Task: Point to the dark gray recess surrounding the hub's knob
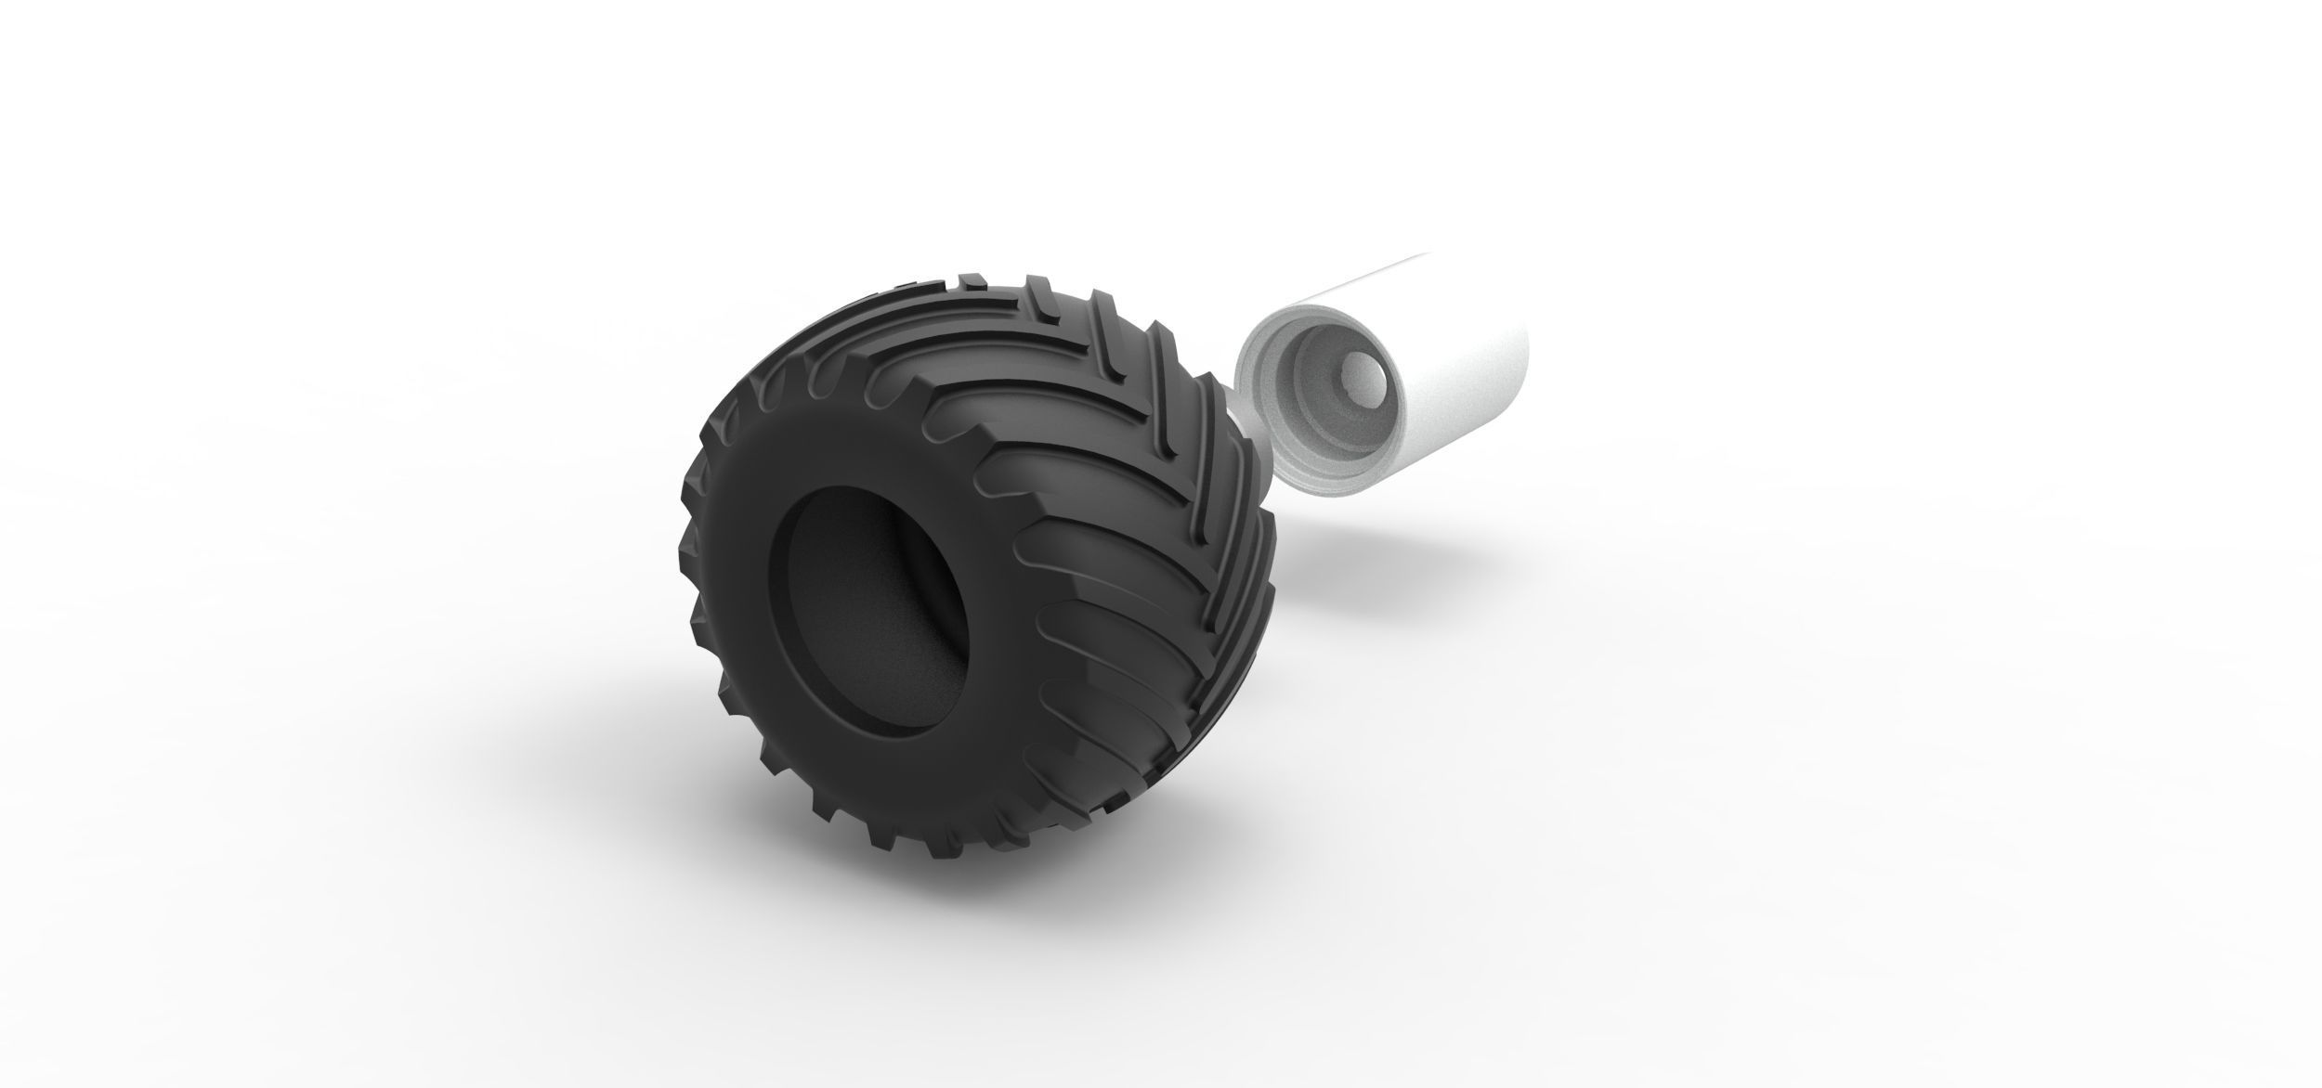tap(1319, 390)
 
